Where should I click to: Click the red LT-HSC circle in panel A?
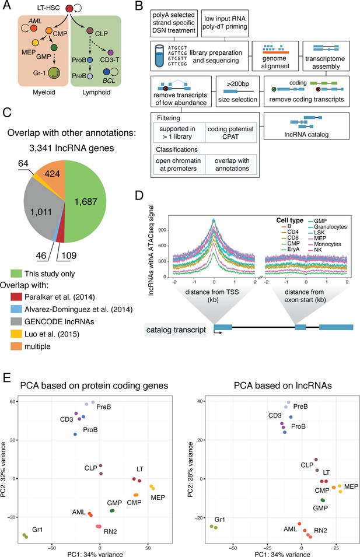(x=69, y=8)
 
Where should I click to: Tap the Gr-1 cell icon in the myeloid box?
(x=54, y=73)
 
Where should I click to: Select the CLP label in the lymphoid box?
(x=102, y=34)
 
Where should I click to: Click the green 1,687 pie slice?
(x=86, y=201)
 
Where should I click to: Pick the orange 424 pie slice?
(x=51, y=173)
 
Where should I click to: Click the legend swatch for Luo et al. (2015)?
(x=16, y=334)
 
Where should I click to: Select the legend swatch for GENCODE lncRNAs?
(x=16, y=321)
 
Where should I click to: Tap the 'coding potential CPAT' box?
(x=230, y=132)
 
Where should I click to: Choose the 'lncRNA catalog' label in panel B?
(x=306, y=135)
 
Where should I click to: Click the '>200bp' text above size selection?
(x=237, y=84)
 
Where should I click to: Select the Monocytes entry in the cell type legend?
(x=327, y=244)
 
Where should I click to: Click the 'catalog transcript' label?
(x=176, y=330)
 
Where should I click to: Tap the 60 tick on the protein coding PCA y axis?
(x=13, y=401)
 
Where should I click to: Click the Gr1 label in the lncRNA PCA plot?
(x=219, y=519)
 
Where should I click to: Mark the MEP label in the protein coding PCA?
(x=158, y=498)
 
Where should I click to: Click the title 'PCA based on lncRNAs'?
(x=283, y=386)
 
